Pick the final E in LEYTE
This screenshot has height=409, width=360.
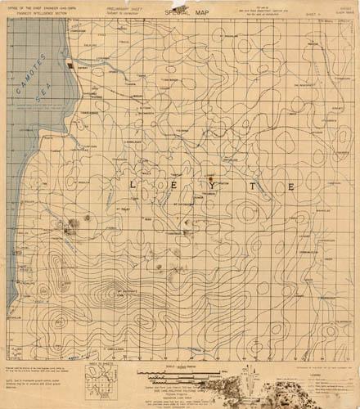tap(290, 187)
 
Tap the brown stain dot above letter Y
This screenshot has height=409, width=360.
tap(210, 178)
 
